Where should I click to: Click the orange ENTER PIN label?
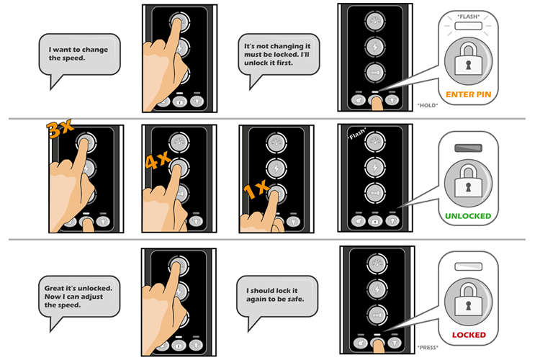pyautogui.click(x=469, y=94)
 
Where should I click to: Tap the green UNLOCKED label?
pyautogui.click(x=468, y=216)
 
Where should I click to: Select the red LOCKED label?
pyautogui.click(x=469, y=335)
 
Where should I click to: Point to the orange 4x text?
pyautogui.click(x=158, y=160)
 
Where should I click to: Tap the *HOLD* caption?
pyautogui.click(x=428, y=105)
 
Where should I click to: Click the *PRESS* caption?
pyautogui.click(x=428, y=347)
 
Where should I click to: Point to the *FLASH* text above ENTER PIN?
pyautogui.click(x=469, y=17)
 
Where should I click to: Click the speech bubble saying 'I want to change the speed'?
pyautogui.click(x=79, y=55)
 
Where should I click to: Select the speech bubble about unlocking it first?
pyautogui.click(x=279, y=55)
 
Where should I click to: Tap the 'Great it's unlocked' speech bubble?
pyautogui.click(x=79, y=297)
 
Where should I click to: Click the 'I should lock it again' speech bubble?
pyautogui.click(x=277, y=297)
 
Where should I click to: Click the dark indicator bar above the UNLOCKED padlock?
pyautogui.click(x=469, y=148)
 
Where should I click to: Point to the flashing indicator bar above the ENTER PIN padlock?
pyautogui.click(x=469, y=26)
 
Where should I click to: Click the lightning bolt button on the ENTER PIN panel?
pyautogui.click(x=375, y=47)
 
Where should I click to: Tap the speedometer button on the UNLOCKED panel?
pyautogui.click(x=375, y=141)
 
